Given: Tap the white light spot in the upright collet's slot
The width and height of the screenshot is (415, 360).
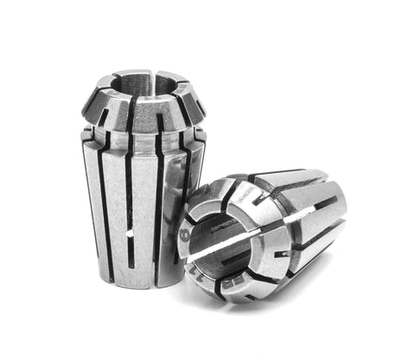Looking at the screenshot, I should click(128, 234).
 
